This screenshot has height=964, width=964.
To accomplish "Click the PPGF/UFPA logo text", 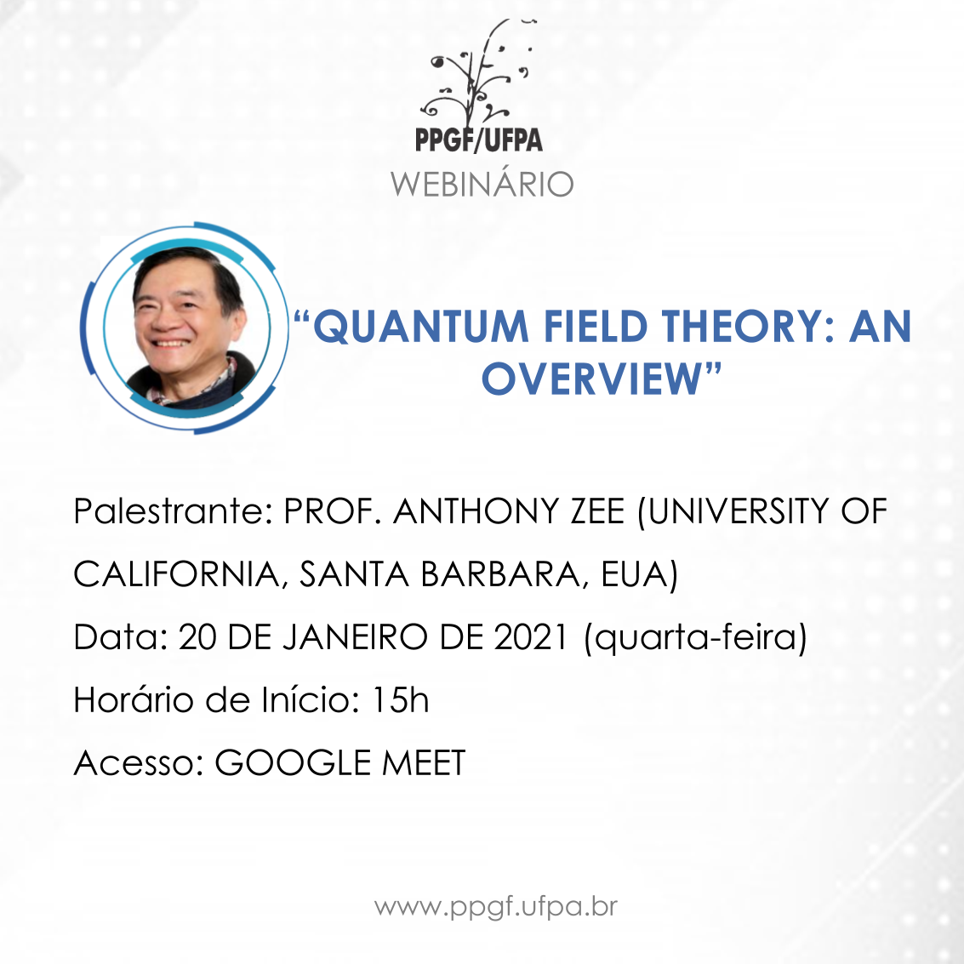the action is coord(479,139).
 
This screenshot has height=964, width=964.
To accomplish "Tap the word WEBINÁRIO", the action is coord(482,184).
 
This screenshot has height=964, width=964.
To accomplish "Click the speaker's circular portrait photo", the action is coord(187,327).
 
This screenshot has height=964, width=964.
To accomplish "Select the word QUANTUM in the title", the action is coord(421,326).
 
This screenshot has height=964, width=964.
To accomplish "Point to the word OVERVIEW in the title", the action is coord(591,379).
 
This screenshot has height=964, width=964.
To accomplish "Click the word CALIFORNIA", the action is coord(177,575).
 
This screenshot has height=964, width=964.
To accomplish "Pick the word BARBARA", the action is coord(500,574).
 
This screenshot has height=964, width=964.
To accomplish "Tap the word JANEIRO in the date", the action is coord(355,637).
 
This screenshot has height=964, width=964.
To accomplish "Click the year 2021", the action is coord(531,637).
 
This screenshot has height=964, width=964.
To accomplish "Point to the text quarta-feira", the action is coord(695,638).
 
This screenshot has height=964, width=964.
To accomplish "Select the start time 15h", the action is coord(401,700).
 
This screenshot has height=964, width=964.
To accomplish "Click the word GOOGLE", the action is coord(293,763).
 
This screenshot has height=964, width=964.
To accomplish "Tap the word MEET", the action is coord(425,763).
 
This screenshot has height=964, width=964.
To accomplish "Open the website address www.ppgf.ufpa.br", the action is coord(496,908).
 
